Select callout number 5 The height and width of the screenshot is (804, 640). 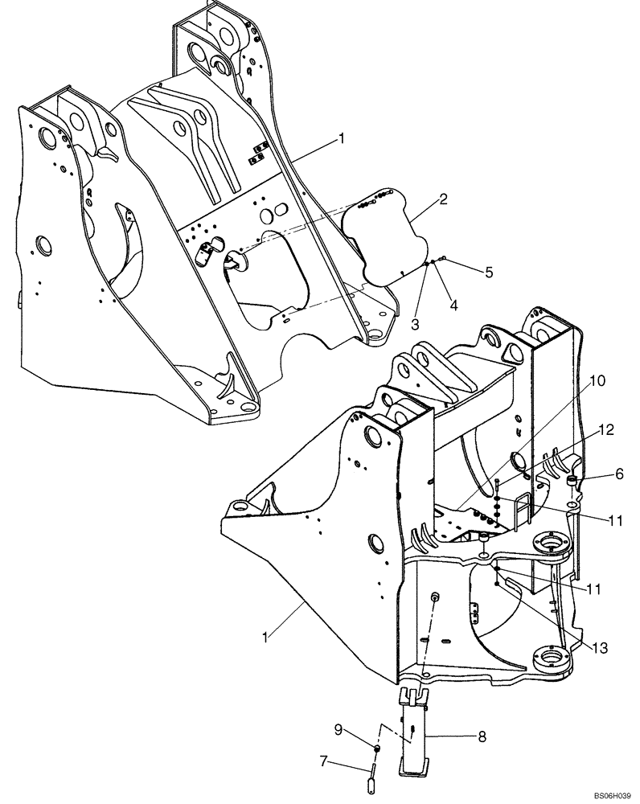(x=489, y=273)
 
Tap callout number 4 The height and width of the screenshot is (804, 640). (x=454, y=306)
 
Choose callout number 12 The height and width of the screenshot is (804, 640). (x=607, y=430)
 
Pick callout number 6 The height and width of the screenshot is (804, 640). (x=619, y=474)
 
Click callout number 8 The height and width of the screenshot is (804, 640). (x=482, y=736)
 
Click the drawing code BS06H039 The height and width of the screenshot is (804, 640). (x=613, y=794)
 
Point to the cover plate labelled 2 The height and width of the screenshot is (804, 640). (x=379, y=233)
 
